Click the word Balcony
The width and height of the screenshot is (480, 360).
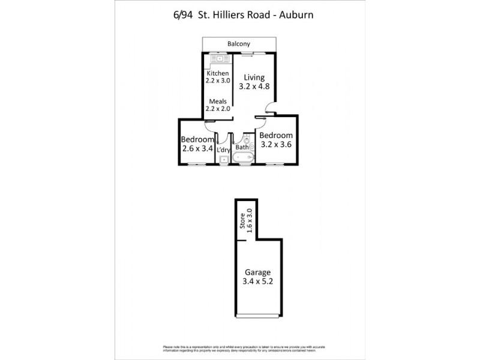239,44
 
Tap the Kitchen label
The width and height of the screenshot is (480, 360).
218,73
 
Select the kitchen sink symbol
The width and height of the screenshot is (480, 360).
216,59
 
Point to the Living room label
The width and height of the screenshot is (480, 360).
255,77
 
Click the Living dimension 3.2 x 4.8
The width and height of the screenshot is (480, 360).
255,86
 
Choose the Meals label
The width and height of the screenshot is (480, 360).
218,101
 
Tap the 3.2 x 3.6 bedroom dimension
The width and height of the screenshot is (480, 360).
276,144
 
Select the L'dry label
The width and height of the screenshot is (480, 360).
223,149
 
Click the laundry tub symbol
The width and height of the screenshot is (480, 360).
223,159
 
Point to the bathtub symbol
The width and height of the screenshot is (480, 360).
243,159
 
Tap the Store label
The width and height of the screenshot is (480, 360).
242,221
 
